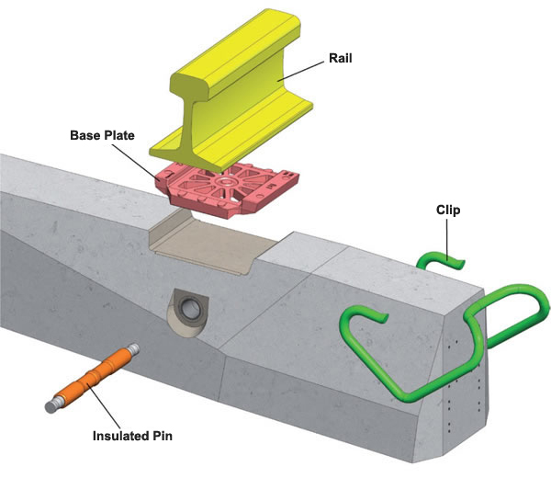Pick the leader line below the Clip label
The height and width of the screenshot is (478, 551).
point(447,236)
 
